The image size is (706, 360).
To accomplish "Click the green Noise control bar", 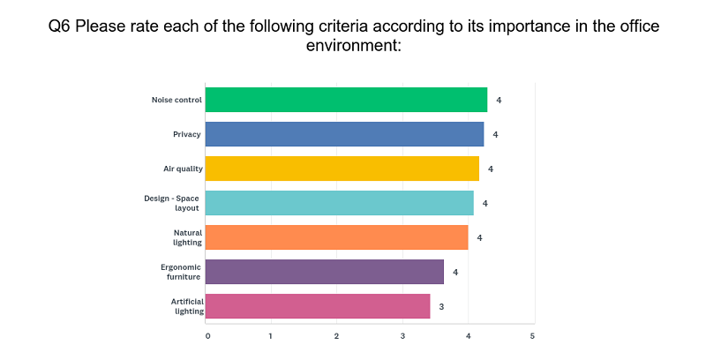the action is pos(346,100).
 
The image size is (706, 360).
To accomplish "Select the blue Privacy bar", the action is pos(344,134).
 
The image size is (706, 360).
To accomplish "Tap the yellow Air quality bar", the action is pos(342,169).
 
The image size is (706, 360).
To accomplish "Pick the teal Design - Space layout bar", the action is pos(340,203).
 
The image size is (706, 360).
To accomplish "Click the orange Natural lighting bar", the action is pos(337,237).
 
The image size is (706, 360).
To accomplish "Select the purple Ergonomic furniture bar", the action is pos(325,272).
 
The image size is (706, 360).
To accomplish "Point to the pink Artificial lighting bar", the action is pos(318,306).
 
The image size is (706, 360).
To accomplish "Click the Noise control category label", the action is pos(176,100).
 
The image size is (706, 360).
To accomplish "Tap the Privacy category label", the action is pos(187,134).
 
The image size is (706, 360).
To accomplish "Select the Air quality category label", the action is pos(183,169).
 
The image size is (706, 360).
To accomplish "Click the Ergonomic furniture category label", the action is pos(181,272).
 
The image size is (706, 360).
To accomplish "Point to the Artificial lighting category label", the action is pos(187,306).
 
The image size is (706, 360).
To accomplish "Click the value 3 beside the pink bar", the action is pos(441,307).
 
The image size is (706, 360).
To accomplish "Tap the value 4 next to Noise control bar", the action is pos(499,101).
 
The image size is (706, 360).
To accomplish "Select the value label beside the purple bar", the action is pos(455,273).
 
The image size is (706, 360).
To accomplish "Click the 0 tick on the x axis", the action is pos(207,336).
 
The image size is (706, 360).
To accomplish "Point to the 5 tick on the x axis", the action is pos(532,336).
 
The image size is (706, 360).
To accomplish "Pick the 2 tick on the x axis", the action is pos(336,336).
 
